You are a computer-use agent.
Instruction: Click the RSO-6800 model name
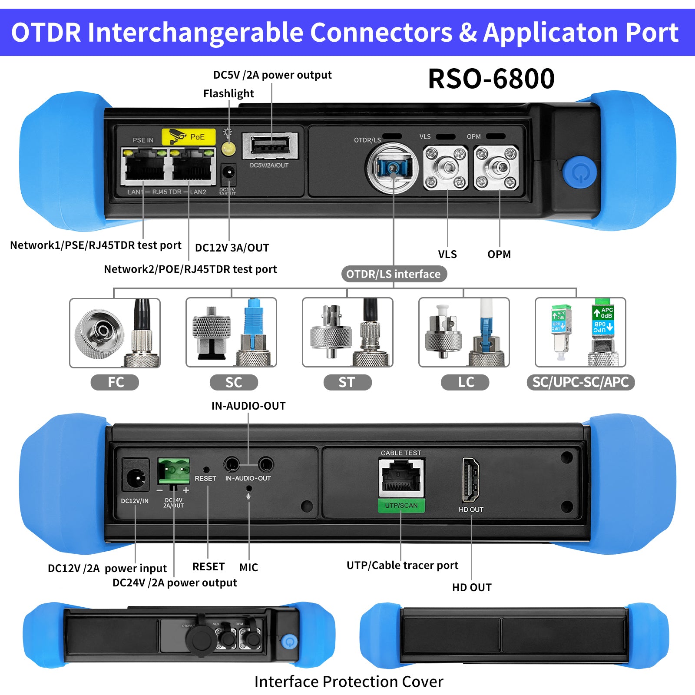pos(491,79)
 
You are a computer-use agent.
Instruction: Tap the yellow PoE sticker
pos(189,137)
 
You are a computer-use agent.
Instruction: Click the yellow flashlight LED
pos(228,149)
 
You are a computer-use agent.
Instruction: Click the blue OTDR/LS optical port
pos(393,167)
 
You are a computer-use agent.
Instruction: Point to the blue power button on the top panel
pos(579,172)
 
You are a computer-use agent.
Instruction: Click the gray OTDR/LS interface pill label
pos(394,274)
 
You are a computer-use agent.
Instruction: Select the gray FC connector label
pos(115,382)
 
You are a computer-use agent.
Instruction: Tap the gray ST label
pos(347,382)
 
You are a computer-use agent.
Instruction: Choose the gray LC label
pos(465,382)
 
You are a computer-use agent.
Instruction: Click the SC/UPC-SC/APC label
pos(580,382)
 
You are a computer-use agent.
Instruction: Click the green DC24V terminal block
pos(174,471)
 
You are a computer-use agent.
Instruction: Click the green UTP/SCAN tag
pos(401,506)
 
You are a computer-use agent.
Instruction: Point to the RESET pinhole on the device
pos(206,470)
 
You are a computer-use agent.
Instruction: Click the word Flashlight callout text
pos(228,93)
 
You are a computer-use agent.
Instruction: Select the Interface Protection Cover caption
pos(349,682)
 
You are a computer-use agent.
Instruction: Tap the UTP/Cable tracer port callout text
pos(402,565)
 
